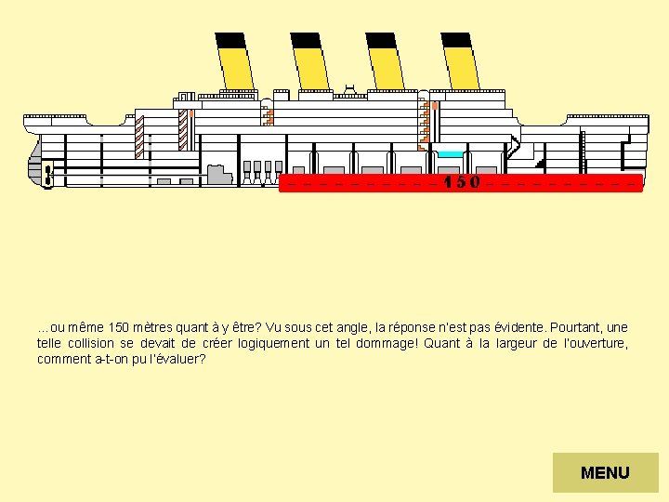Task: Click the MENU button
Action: click(605, 472)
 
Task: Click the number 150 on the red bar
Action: click(462, 182)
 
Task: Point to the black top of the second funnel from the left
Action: click(306, 40)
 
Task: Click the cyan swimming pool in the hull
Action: click(451, 153)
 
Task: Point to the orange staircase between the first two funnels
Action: click(269, 114)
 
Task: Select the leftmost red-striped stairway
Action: click(140, 135)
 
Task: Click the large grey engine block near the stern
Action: click(219, 174)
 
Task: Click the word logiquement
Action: click(263, 343)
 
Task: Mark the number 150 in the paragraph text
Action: click(118, 327)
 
